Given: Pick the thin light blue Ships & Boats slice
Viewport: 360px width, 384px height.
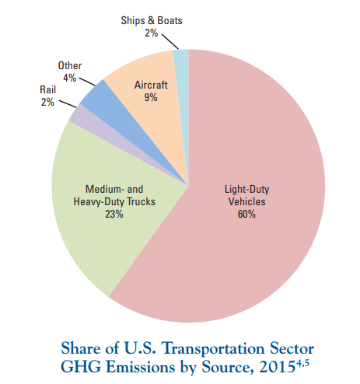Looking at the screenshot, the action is coord(182,78).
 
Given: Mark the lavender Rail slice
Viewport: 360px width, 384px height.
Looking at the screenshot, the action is coord(86,118).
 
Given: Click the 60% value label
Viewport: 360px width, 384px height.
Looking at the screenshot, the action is coord(246,215).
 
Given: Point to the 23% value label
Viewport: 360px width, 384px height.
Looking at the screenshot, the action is coord(114,215).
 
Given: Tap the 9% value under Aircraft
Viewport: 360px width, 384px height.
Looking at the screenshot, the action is coord(151,98).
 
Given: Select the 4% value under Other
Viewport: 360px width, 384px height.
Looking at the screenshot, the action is coord(69,78).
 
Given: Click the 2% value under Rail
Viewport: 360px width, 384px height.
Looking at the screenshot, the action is coord(47,102).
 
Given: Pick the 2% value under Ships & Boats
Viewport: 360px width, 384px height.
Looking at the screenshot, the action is coord(151,33).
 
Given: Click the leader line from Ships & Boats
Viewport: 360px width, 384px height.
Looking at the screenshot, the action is coord(170,41).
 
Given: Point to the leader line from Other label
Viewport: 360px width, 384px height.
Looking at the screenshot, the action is coord(87,82).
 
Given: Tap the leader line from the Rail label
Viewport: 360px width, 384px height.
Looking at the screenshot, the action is coord(68,103).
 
